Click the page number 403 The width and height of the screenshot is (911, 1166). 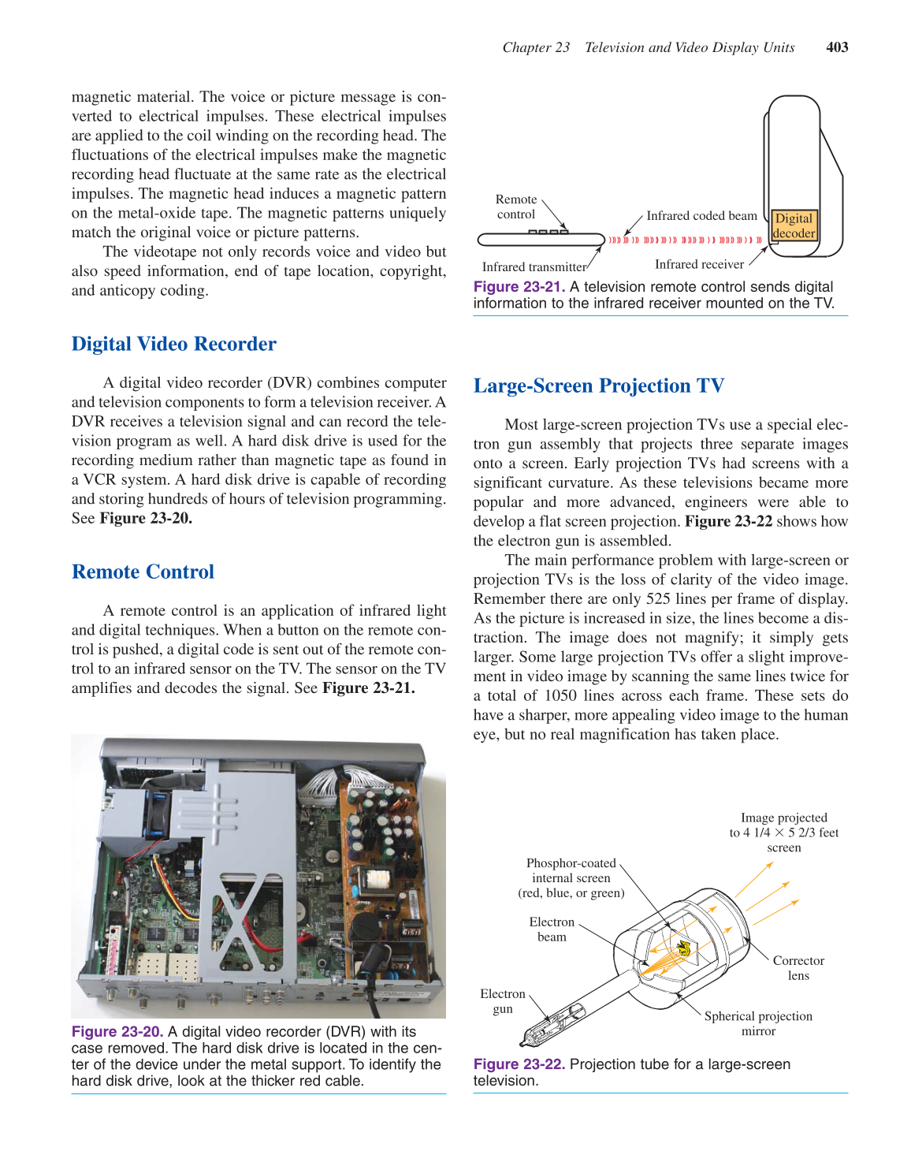pyautogui.click(x=836, y=47)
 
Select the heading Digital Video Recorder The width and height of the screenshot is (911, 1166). pyautogui.click(x=173, y=345)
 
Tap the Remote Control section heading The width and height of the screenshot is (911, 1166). pyautogui.click(x=143, y=572)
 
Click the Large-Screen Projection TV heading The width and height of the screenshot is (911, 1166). pyautogui.click(x=598, y=386)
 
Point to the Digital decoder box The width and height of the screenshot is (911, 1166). pyautogui.click(x=794, y=225)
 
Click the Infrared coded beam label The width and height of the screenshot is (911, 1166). pyautogui.click(x=701, y=216)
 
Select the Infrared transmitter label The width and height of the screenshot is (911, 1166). pyautogui.click(x=534, y=267)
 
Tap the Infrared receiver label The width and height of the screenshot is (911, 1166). pyautogui.click(x=699, y=265)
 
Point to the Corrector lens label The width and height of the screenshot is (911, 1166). pyautogui.click(x=798, y=968)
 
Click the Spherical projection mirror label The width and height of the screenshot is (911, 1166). pyautogui.click(x=758, y=1023)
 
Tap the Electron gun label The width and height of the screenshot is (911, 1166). pyautogui.click(x=503, y=1001)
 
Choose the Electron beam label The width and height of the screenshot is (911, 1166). pyautogui.click(x=552, y=929)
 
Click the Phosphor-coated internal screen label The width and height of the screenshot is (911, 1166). pyautogui.click(x=571, y=878)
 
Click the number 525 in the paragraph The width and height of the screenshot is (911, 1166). pyautogui.click(x=658, y=599)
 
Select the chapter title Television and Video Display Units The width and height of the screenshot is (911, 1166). pyautogui.click(x=690, y=47)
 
